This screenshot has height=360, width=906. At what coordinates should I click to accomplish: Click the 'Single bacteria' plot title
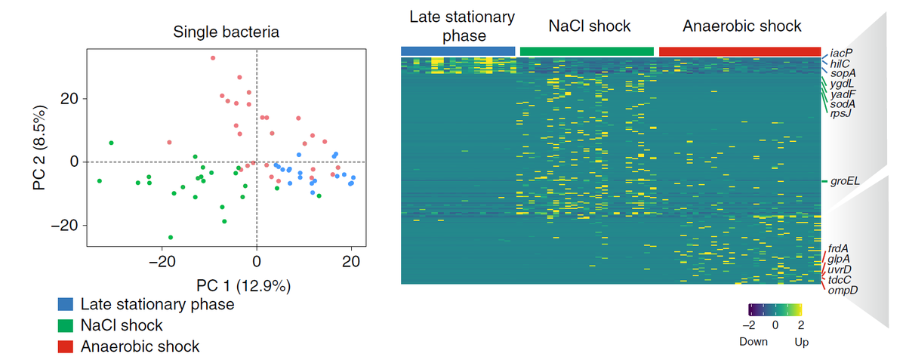click(226, 32)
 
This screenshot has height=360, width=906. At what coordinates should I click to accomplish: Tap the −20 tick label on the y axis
click(63, 226)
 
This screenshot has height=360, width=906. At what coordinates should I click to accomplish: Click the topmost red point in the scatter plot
click(213, 57)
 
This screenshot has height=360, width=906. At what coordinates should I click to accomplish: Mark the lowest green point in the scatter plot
click(171, 237)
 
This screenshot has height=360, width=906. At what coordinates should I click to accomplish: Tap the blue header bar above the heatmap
click(458, 51)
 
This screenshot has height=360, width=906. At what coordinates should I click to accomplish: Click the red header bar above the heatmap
click(740, 51)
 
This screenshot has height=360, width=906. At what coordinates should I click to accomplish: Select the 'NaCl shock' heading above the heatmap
click(589, 26)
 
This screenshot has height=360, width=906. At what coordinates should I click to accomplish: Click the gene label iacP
click(840, 54)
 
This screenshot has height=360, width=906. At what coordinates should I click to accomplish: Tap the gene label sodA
click(843, 103)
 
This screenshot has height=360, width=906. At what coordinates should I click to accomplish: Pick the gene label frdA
click(840, 248)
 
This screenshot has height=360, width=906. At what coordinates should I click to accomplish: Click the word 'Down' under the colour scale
click(752, 342)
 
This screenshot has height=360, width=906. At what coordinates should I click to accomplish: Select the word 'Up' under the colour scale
click(801, 342)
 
